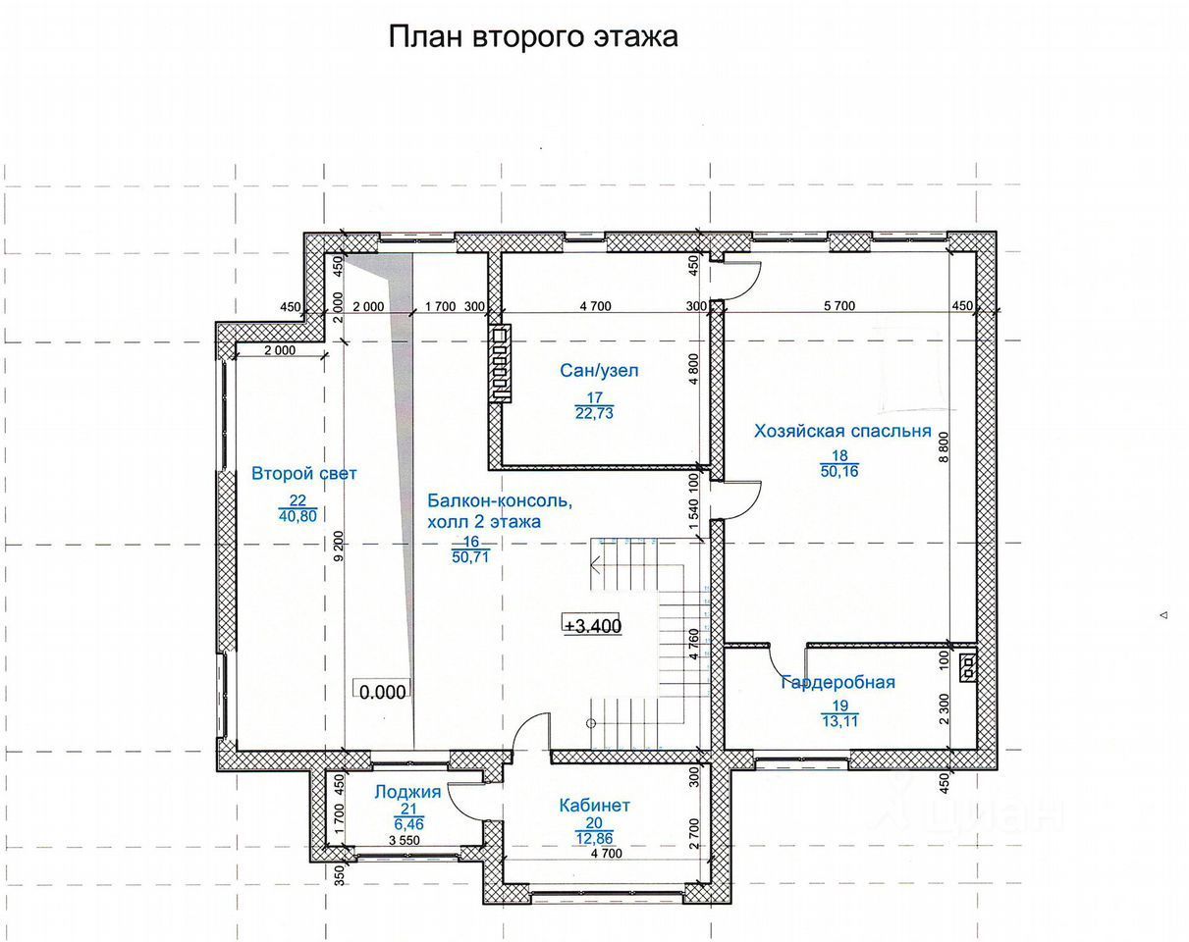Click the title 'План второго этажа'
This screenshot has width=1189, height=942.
(533, 37)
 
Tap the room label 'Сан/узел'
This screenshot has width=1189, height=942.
(599, 370)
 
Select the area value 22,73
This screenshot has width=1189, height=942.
(594, 413)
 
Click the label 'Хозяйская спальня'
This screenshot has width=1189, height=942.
(842, 431)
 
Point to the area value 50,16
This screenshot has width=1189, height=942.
(839, 471)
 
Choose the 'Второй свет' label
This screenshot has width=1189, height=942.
(304, 473)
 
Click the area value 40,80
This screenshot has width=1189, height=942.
(297, 516)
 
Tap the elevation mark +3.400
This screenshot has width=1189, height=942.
(592, 626)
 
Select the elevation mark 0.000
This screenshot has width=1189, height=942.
(382, 692)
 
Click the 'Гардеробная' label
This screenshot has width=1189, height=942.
(838, 682)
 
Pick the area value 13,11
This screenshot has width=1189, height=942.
(839, 721)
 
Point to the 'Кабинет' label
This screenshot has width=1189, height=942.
(595, 805)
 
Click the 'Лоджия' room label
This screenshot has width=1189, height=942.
(407, 792)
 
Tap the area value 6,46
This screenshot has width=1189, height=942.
(408, 825)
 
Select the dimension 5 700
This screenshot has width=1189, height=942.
(839, 306)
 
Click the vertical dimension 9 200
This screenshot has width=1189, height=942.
(339, 546)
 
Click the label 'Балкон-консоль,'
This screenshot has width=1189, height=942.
(500, 500)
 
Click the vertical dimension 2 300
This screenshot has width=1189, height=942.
(944, 709)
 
